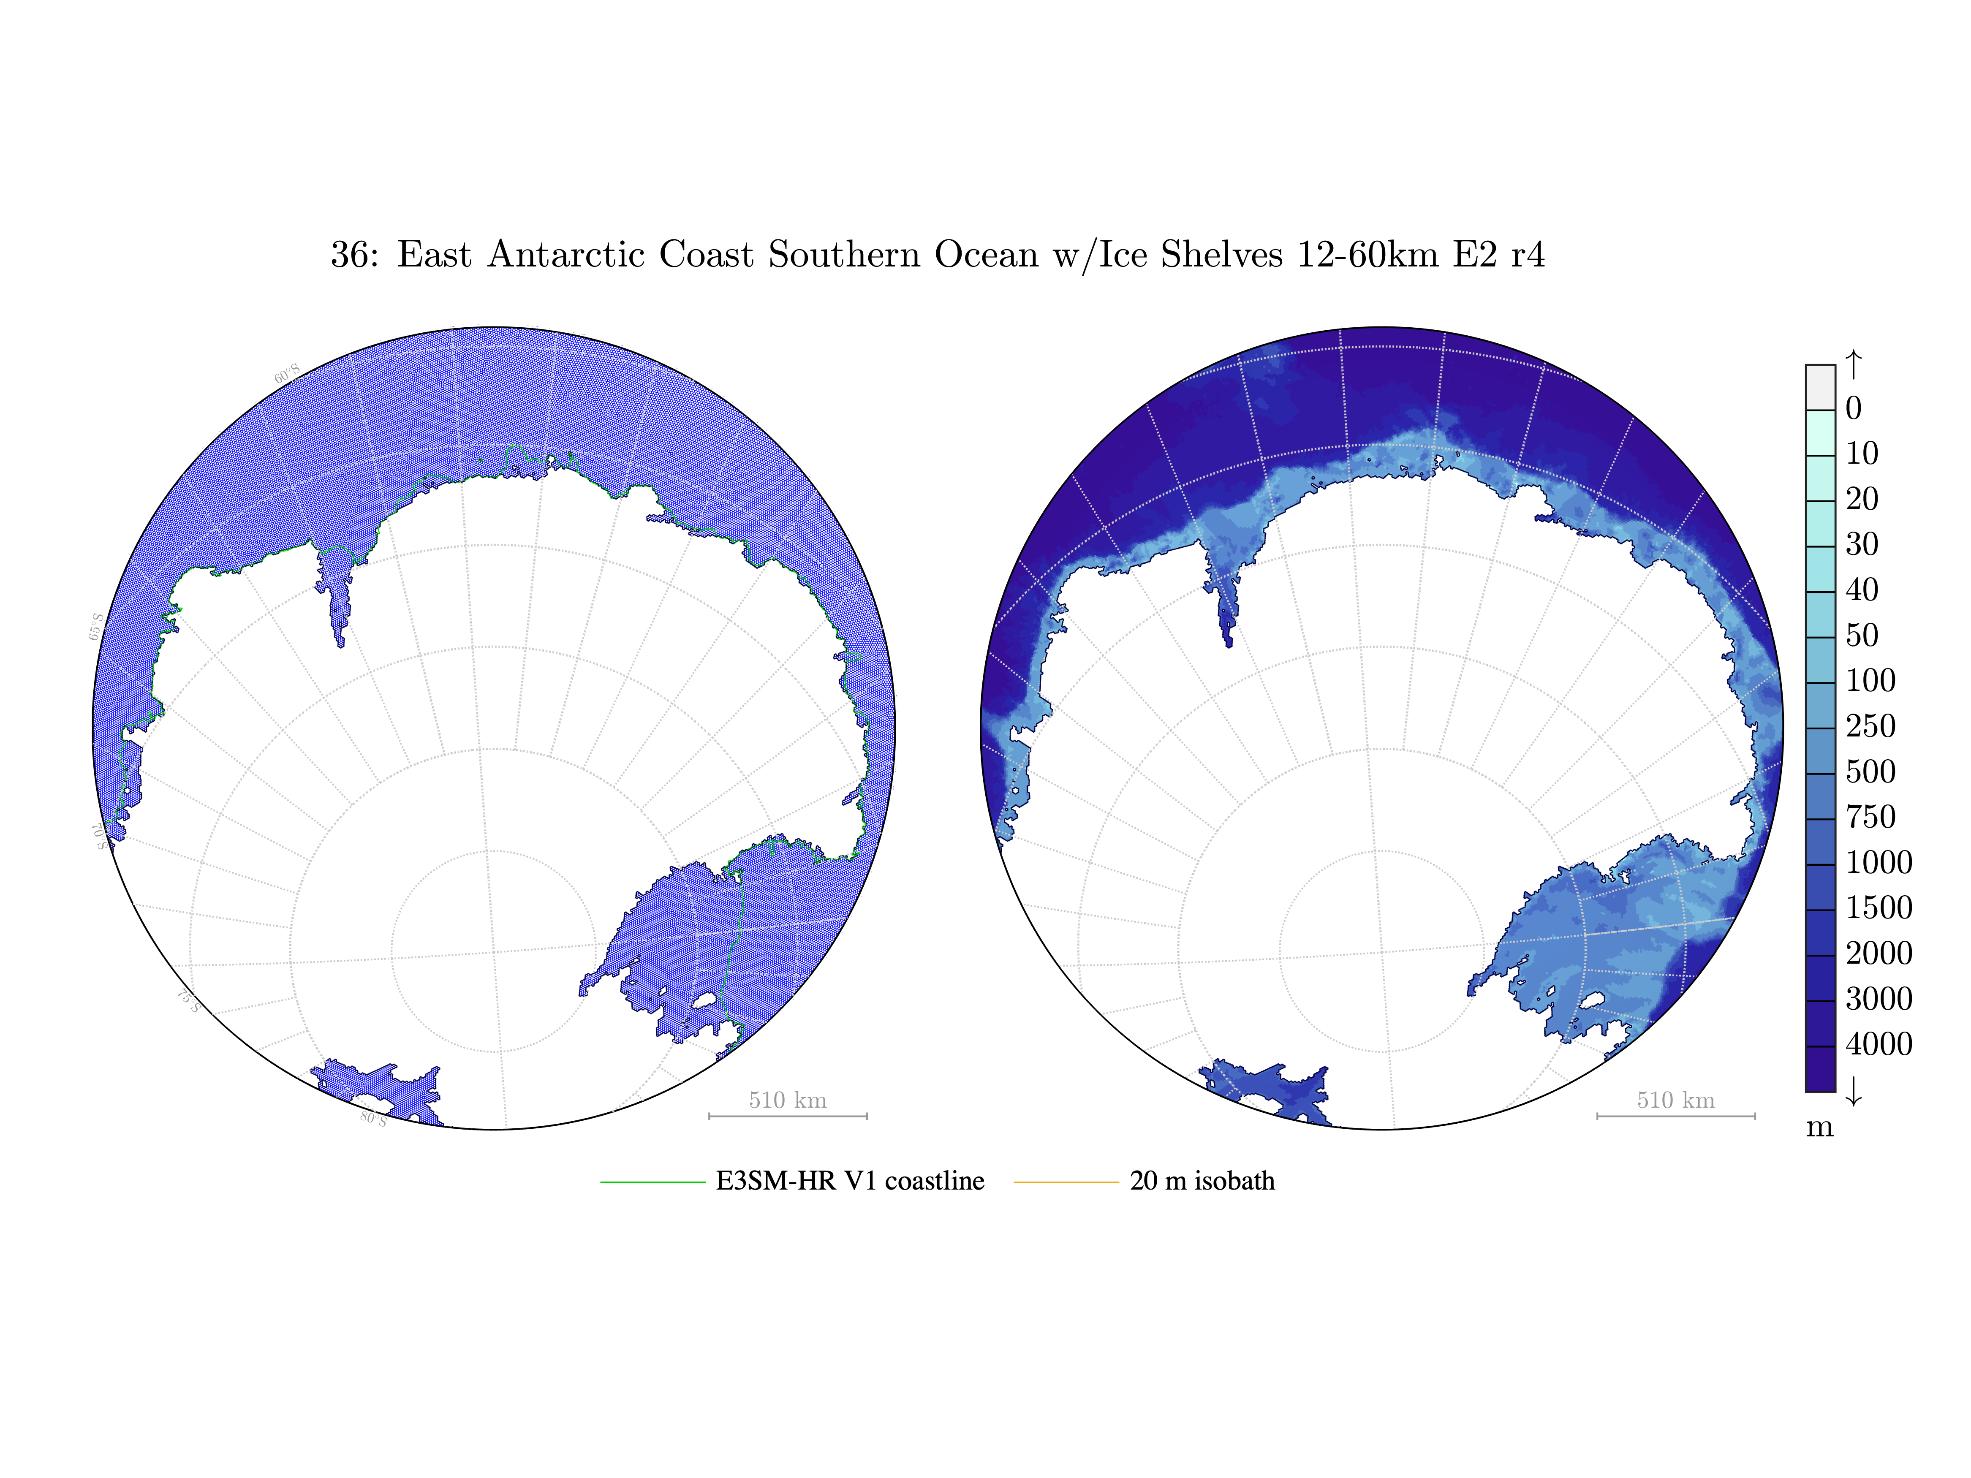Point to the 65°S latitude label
pos(95,626)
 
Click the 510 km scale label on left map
pos(788,1100)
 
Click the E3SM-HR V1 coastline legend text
pos(850,1181)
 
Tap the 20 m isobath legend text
pos(1202,1181)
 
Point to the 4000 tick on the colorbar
pos(1879,1044)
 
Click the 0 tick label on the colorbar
pos(1853,408)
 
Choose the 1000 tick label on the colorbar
pos(1879,862)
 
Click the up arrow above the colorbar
pos(1853,364)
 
